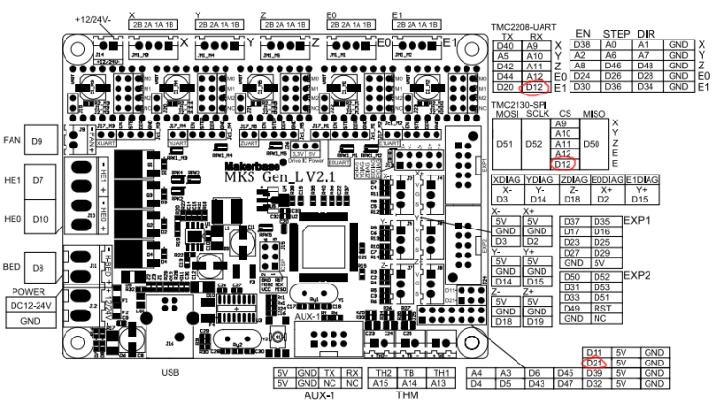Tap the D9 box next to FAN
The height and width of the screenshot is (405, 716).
(39, 143)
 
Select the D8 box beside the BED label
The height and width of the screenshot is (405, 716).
(39, 268)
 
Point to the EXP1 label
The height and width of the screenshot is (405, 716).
(635, 220)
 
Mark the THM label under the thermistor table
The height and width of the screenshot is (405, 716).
(411, 395)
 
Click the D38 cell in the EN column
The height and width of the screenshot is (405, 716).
(581, 45)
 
